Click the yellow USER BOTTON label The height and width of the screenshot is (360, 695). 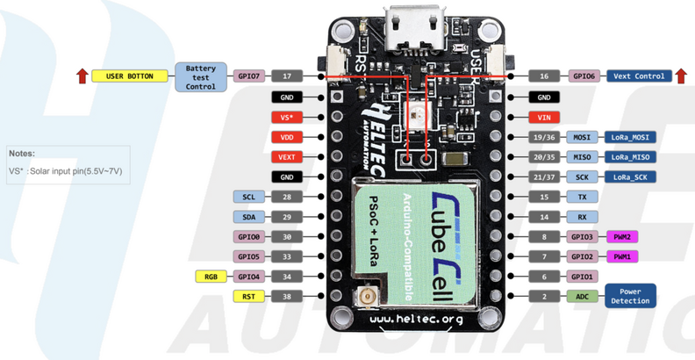point(130,76)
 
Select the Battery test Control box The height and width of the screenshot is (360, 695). point(200,76)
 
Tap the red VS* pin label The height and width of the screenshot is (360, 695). point(287,116)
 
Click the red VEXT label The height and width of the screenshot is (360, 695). point(287,156)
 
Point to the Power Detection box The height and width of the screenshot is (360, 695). point(634,296)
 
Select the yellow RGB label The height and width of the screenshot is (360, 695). point(211,277)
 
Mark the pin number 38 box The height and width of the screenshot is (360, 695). point(287,296)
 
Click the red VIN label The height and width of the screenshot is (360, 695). point(544,116)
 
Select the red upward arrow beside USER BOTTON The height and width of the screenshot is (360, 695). point(82,76)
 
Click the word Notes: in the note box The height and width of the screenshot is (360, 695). point(23,153)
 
